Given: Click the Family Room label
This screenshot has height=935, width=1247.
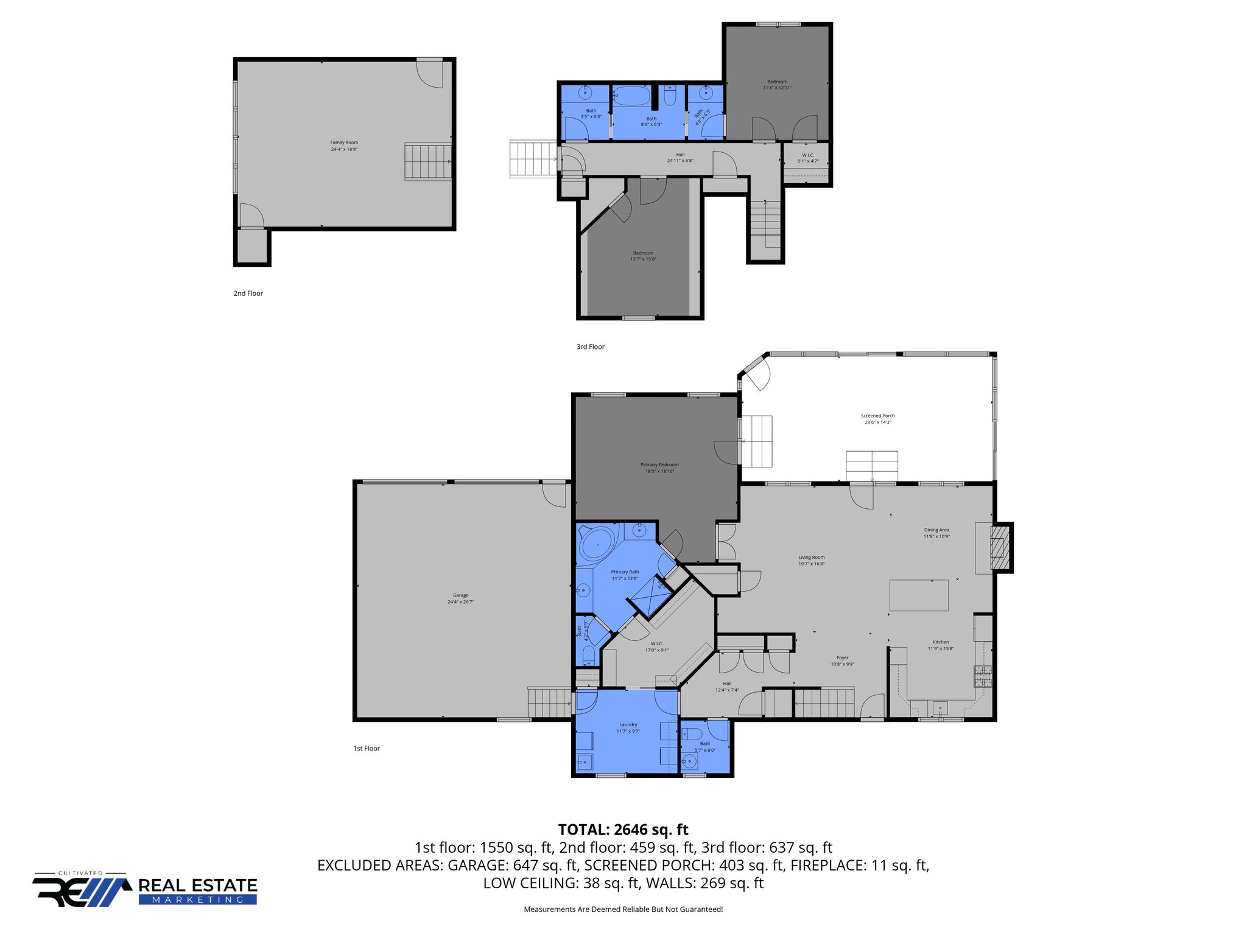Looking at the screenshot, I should (x=344, y=145).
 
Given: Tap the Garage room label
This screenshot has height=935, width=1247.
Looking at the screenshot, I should (x=460, y=598).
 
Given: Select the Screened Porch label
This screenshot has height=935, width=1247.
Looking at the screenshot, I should (x=877, y=419).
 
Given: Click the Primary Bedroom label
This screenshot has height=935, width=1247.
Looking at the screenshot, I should (x=659, y=467).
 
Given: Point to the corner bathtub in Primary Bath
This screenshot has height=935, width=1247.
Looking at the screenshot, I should (x=597, y=543).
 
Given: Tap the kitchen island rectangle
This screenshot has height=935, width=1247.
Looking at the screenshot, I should (x=919, y=595).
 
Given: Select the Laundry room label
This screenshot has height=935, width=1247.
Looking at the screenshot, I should (x=628, y=727).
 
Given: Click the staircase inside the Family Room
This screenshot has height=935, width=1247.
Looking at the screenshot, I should (x=428, y=161).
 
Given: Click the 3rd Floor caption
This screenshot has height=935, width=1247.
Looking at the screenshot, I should (x=590, y=346).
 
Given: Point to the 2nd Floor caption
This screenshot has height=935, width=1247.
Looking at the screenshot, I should (x=248, y=293).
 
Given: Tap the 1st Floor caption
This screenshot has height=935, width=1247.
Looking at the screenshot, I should (x=366, y=748).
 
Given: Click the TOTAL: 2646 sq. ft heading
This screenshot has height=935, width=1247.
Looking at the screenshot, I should (x=623, y=829).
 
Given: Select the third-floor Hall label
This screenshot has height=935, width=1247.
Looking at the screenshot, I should (x=680, y=157).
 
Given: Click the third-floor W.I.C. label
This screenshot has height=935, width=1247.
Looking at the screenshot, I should (x=808, y=158).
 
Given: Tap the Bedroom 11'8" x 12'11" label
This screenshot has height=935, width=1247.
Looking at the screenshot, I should (x=777, y=85).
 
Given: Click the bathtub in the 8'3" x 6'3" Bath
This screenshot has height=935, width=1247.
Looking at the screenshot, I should (x=631, y=96).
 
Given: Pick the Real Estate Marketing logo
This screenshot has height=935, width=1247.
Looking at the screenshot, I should (x=145, y=889).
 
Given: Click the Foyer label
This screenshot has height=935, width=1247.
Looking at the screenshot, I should (x=842, y=660).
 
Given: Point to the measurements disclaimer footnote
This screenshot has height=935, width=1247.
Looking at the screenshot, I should (x=623, y=909).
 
